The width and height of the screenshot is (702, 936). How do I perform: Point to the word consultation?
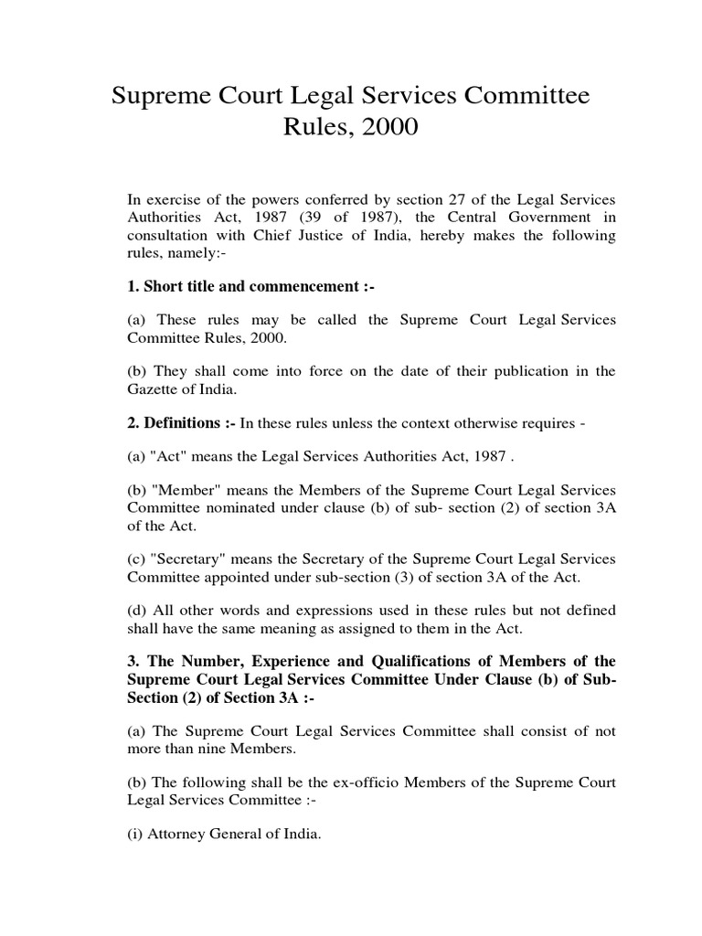(x=168, y=236)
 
